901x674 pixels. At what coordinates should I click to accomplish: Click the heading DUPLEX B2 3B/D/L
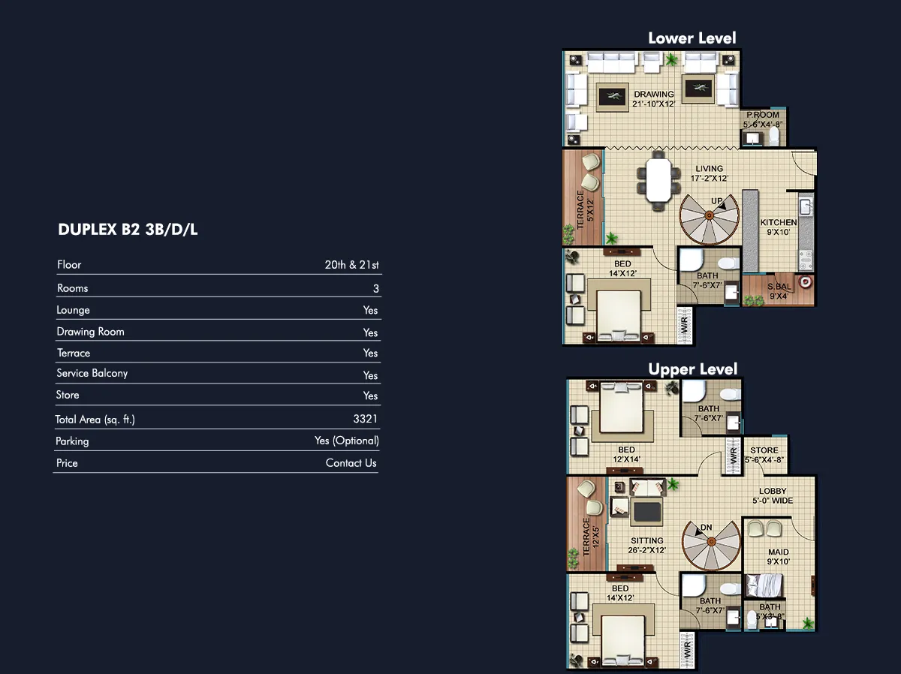(128, 230)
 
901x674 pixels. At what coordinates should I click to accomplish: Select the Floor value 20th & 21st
(352, 265)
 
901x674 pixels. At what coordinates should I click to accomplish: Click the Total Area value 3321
(366, 419)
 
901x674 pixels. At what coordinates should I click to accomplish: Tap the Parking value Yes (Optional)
(347, 441)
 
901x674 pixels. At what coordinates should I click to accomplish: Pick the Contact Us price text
(351, 463)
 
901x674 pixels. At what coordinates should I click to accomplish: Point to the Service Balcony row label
(92, 373)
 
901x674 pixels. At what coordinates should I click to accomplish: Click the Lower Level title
(692, 38)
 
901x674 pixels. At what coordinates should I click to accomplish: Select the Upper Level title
(693, 369)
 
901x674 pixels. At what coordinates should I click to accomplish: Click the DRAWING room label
(654, 95)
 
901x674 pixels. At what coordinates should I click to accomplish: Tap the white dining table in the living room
(658, 179)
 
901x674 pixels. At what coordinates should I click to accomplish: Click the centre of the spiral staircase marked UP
(709, 215)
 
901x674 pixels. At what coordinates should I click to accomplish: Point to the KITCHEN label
(779, 222)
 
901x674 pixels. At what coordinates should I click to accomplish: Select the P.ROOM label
(763, 115)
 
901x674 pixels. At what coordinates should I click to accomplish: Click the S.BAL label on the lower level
(779, 287)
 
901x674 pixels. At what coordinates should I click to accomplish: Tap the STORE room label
(764, 450)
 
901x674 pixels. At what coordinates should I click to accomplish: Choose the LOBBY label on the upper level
(773, 491)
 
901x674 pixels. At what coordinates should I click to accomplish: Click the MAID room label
(779, 552)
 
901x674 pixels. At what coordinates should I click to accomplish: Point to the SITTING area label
(647, 540)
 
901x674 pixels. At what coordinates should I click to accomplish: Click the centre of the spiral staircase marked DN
(711, 542)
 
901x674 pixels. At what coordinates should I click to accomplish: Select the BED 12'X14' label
(626, 455)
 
